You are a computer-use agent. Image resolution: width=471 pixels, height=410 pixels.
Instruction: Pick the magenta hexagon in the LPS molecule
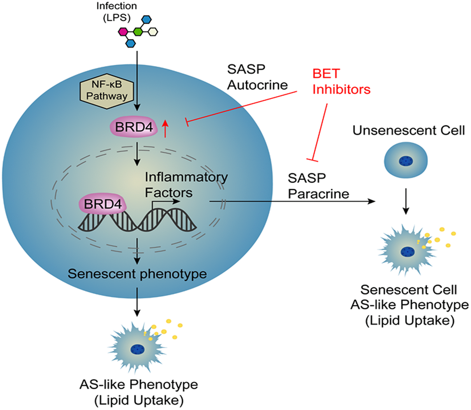(x=123, y=32)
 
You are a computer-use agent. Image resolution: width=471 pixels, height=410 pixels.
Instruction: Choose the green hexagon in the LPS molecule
(x=138, y=32)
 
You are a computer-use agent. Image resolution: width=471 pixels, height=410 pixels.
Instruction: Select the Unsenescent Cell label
(x=409, y=131)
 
